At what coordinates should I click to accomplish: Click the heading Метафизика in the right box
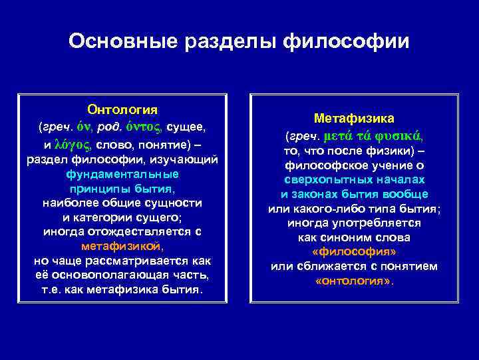pyautogui.click(x=354, y=118)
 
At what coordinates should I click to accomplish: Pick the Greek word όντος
pyautogui.click(x=144, y=126)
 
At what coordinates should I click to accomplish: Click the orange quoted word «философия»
pyautogui.click(x=354, y=252)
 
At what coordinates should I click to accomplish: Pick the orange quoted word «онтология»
pyautogui.click(x=354, y=281)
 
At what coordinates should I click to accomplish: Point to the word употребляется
pyautogui.click(x=379, y=223)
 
